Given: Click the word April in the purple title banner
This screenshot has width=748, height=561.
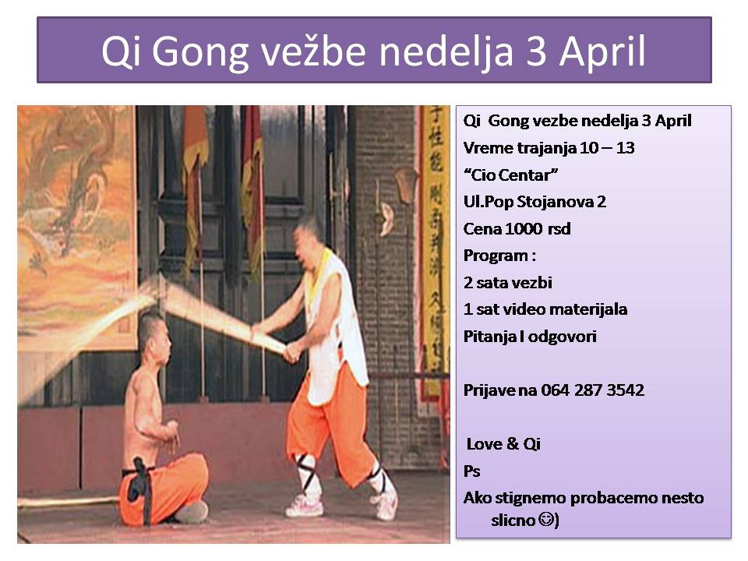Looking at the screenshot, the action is [x=602, y=51].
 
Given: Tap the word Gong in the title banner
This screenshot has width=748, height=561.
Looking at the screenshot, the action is [x=200, y=52].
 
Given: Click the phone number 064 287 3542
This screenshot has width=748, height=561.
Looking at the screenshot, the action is [x=592, y=390].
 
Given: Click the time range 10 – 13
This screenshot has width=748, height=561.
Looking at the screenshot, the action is [x=607, y=148].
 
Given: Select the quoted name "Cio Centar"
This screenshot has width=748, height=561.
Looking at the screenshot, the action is [x=510, y=175].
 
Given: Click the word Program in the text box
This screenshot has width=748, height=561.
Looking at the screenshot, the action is [x=496, y=256].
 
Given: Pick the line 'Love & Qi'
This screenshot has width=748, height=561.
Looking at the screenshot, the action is [x=503, y=444].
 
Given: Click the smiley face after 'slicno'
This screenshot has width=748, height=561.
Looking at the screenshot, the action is [x=546, y=519].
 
